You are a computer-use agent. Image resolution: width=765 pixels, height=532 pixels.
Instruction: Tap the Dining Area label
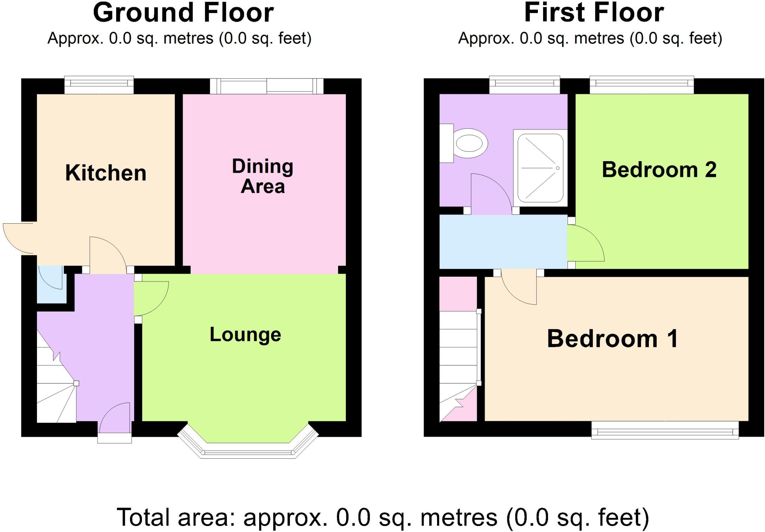(x=263, y=176)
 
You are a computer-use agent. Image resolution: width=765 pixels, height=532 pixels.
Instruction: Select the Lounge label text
(x=245, y=335)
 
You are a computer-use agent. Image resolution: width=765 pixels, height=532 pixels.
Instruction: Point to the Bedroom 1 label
(x=612, y=339)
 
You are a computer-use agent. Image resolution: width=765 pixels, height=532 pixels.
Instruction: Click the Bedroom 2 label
(x=659, y=170)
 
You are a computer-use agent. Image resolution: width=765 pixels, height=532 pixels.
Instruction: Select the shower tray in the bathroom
(x=540, y=168)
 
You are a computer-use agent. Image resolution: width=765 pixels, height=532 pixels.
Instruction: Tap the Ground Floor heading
(x=183, y=13)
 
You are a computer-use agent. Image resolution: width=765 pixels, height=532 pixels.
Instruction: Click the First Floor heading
(x=594, y=13)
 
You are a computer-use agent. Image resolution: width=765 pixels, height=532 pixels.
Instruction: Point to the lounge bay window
(x=248, y=447)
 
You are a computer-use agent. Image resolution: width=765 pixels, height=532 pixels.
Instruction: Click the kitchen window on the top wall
(x=99, y=85)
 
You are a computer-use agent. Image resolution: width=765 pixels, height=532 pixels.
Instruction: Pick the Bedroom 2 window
(x=641, y=85)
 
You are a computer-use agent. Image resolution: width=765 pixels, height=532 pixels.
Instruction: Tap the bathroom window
(x=524, y=85)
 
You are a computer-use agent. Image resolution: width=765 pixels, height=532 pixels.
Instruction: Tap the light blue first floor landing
(x=503, y=242)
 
